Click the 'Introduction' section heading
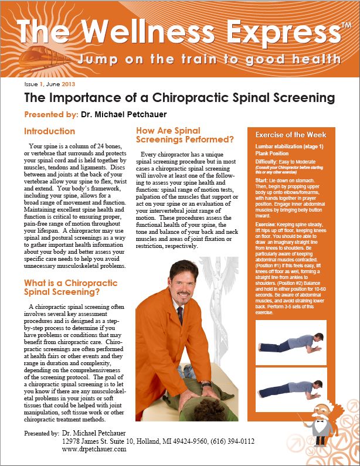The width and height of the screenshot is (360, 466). [x=50, y=131]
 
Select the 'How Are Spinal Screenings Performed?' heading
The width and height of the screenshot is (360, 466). [x=184, y=135]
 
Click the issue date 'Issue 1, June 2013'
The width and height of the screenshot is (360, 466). [x=51, y=85]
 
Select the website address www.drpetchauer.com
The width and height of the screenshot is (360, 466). [x=94, y=448]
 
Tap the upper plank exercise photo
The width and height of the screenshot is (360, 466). [x=291, y=341]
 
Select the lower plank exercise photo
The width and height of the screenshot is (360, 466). [x=291, y=387]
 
